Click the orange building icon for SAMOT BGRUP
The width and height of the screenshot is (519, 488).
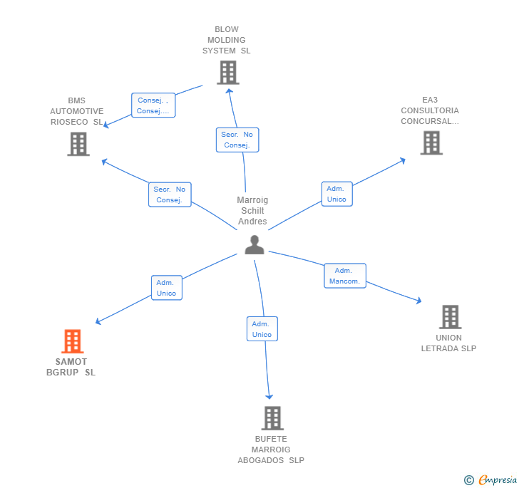(x=72, y=341)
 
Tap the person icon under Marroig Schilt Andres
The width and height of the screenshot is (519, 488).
(x=255, y=244)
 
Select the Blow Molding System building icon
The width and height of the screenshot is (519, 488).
(x=227, y=73)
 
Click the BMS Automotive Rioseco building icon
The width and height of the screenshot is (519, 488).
(x=78, y=144)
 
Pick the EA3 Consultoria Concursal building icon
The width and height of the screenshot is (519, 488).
(x=431, y=142)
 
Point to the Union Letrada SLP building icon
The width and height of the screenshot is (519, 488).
(x=450, y=316)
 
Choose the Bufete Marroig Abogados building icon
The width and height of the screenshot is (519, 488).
(x=272, y=418)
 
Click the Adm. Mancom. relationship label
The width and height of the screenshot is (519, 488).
(x=345, y=276)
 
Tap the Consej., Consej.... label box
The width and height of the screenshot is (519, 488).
(x=153, y=105)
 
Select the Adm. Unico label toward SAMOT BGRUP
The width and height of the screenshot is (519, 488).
(x=166, y=288)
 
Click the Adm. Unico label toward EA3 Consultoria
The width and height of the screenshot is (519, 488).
(x=336, y=194)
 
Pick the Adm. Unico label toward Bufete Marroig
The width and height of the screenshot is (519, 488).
(x=262, y=329)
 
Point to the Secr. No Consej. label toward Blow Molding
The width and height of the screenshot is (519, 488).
(x=237, y=140)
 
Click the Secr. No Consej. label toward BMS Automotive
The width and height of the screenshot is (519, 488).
(x=170, y=194)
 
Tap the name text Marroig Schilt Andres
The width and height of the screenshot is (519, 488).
(x=252, y=211)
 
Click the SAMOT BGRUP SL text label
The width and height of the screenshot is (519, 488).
(x=71, y=367)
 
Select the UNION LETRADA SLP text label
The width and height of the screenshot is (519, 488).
(x=448, y=343)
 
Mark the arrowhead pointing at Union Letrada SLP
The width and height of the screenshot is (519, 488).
(x=419, y=301)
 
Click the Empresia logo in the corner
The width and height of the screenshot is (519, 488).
(x=497, y=480)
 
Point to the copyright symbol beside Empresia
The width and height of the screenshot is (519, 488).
(x=469, y=481)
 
